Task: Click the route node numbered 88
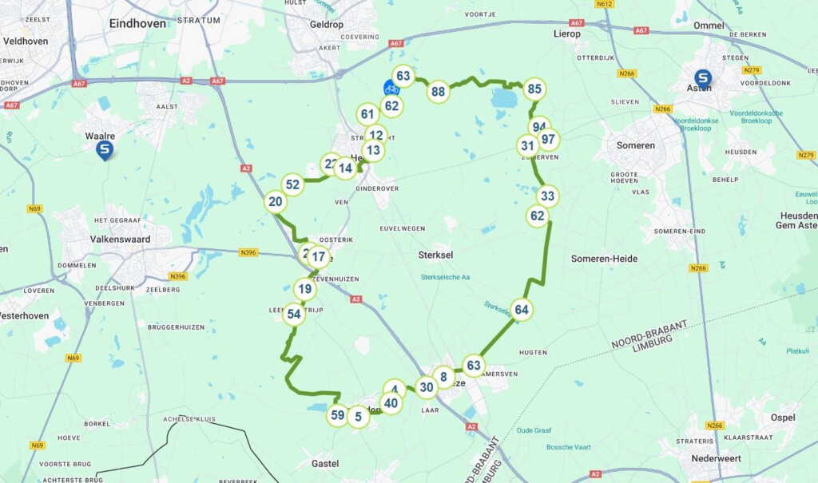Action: (438, 92)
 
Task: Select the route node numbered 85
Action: (534, 89)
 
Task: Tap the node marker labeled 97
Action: (548, 140)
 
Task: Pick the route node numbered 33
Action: (547, 196)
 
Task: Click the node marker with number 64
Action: (522, 310)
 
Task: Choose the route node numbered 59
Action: (337, 415)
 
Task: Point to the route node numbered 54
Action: (294, 315)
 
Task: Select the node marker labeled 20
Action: (276, 202)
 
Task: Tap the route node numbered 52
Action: (293, 185)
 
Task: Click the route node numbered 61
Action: (367, 114)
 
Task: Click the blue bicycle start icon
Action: (391, 87)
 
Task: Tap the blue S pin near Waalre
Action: (105, 149)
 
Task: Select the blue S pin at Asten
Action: (703, 77)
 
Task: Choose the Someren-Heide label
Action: (605, 258)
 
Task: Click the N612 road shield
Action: (604, 4)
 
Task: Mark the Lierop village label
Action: (567, 34)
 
